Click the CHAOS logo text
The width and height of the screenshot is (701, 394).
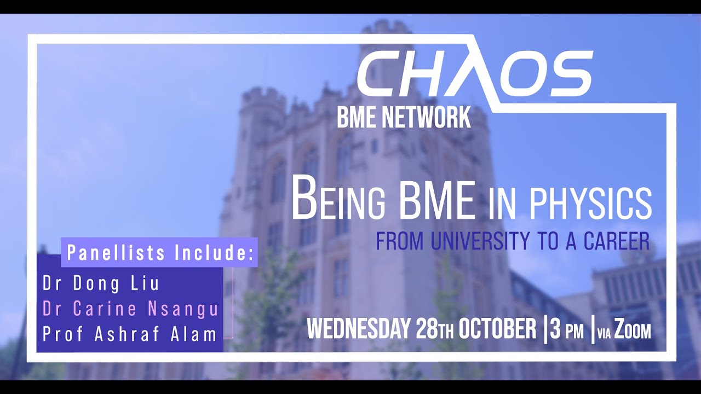pos(474,73)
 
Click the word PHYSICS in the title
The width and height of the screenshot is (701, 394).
pos(590,203)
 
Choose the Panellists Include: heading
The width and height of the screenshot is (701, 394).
pos(159,253)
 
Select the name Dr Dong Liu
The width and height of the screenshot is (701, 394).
pos(101,283)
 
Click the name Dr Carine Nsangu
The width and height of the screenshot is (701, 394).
pos(130,309)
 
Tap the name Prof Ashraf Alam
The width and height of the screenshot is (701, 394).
pos(129,334)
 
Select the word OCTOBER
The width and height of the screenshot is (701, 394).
pos(498,329)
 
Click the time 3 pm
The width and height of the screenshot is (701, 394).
pos(567,331)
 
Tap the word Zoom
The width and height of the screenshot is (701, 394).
pos(633,331)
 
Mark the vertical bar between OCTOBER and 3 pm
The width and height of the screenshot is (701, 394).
pos(545,330)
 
